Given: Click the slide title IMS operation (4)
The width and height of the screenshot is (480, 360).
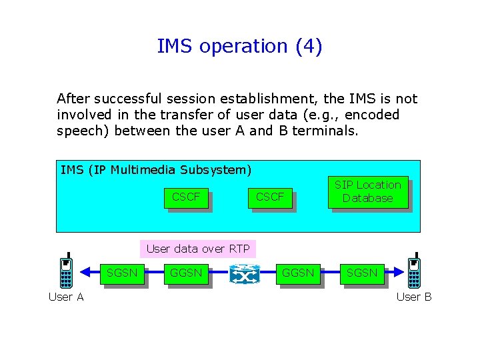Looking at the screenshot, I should pos(239,46).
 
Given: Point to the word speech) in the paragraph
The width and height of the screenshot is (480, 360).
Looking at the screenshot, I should pos(83,131).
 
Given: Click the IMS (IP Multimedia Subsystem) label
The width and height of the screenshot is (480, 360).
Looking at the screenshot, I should pos(155,170).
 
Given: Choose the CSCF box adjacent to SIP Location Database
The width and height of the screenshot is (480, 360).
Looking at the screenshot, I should pos(270,197).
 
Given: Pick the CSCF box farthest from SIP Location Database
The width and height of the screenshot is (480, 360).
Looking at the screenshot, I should pos(186,197).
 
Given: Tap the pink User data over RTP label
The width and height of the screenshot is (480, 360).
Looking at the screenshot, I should pos(197,249).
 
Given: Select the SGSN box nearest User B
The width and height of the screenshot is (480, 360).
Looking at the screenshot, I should pos(361,273).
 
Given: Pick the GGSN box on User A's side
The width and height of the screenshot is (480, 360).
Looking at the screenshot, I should pos(186,273).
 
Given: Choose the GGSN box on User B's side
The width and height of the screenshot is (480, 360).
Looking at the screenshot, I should pos(298,273).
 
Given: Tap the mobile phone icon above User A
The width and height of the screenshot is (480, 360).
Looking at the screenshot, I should pos(66,272).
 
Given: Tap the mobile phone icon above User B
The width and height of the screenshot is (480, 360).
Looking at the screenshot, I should pos(414,272).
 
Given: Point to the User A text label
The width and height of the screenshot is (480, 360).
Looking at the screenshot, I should pos(66,297).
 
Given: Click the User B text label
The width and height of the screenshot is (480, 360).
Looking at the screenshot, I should pos(414,297).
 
